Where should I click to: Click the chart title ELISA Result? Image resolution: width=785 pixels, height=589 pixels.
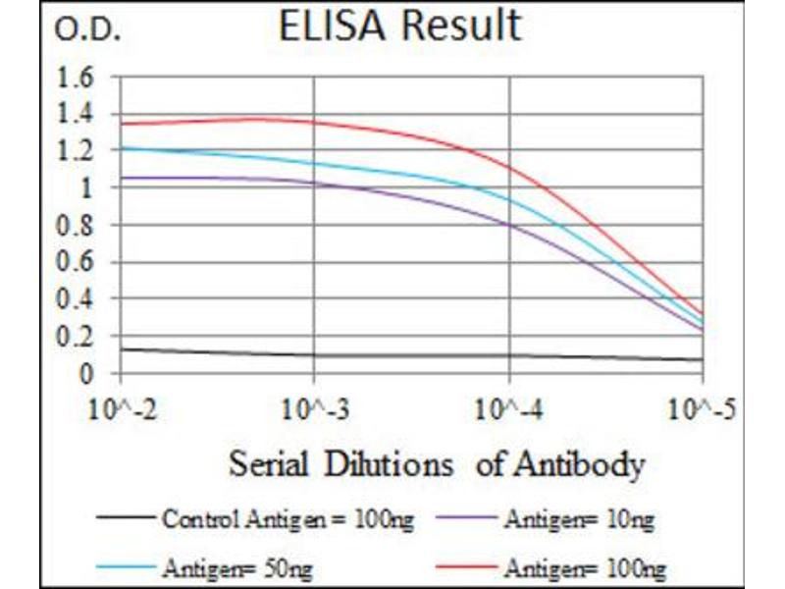(x=399, y=27)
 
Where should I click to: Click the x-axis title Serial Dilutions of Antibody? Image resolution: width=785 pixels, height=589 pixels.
(x=437, y=463)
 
